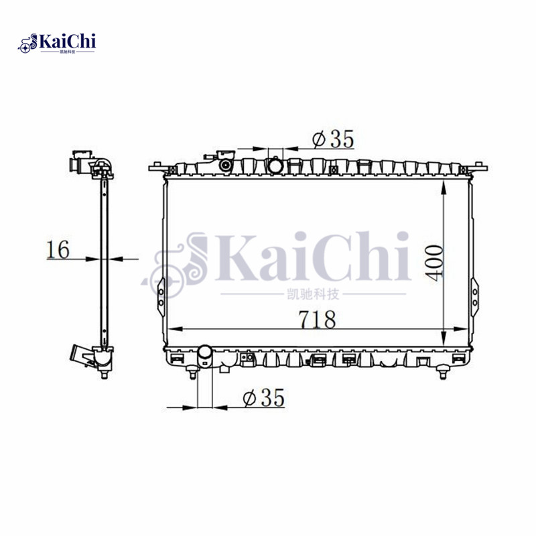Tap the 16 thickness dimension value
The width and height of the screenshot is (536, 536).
coord(58,249)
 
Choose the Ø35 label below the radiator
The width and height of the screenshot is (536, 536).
coord(263,398)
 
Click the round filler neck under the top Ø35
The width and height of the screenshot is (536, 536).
coord(275,164)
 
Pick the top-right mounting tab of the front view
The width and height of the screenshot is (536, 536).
coord(480,165)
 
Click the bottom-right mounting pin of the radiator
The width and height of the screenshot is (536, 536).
coord(441,373)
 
